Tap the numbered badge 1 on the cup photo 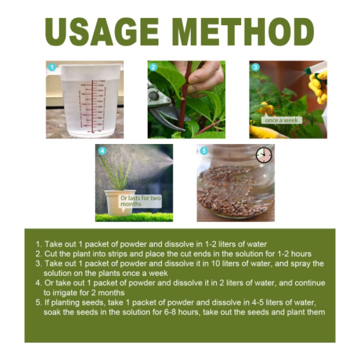52,67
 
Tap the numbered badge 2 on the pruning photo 153,67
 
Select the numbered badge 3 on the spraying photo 256,67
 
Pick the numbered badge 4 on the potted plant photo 103,151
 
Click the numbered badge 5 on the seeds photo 204,151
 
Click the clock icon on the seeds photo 264,155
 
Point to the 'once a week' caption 281,120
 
